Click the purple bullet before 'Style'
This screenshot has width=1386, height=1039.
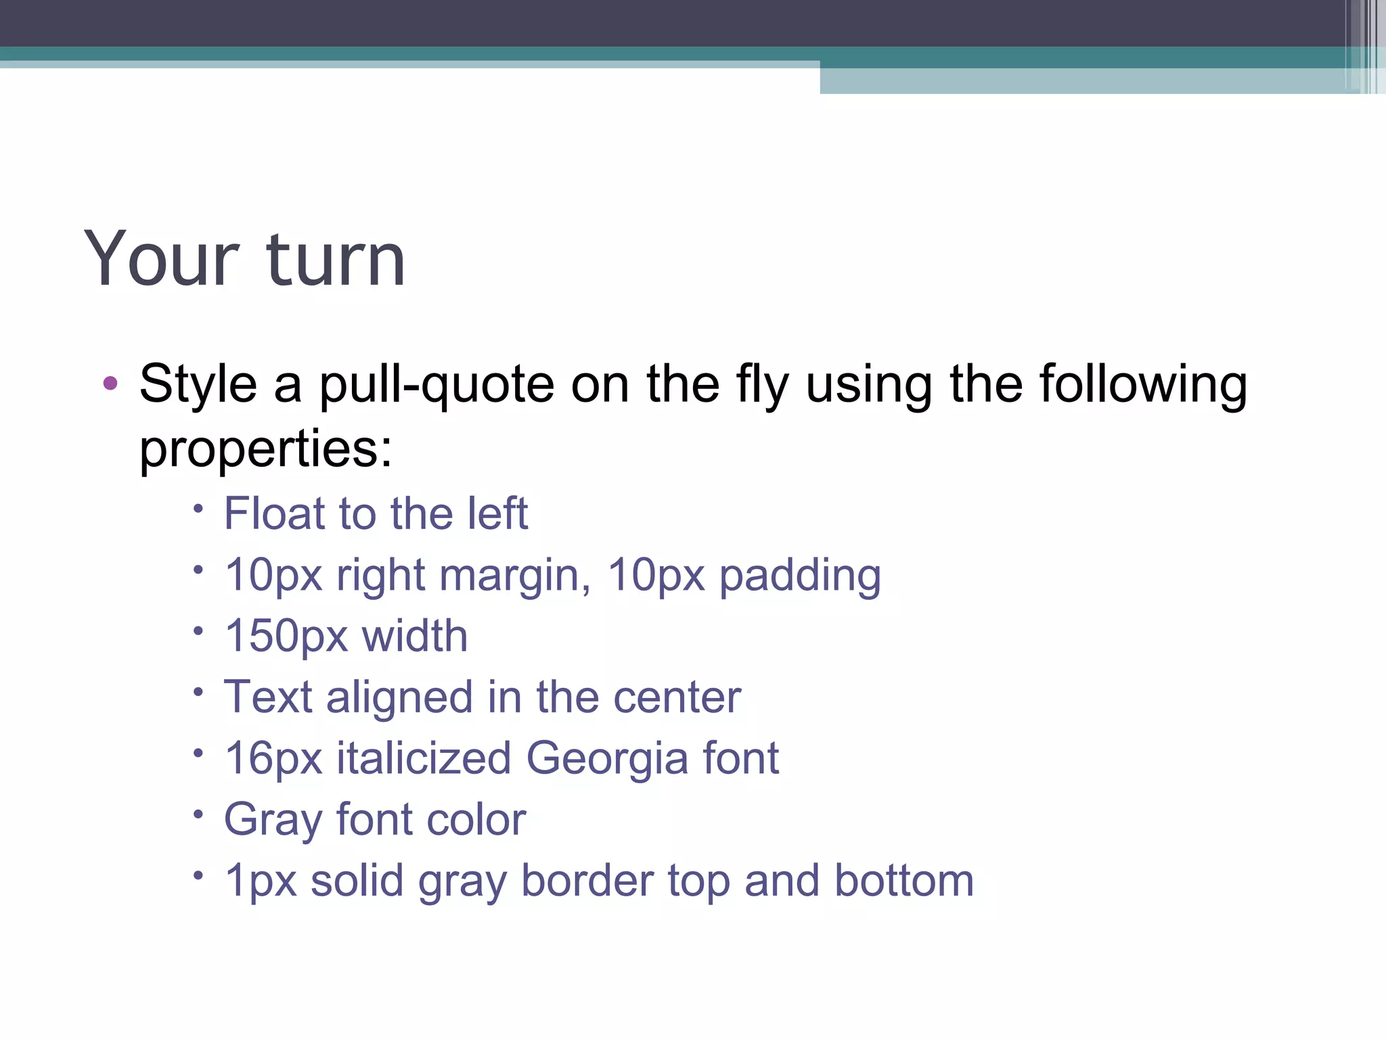pyautogui.click(x=110, y=384)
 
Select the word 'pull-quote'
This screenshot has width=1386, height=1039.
pyautogui.click(x=437, y=385)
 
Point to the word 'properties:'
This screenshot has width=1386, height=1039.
pyautogui.click(x=265, y=449)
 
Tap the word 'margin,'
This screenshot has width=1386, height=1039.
pyautogui.click(x=515, y=576)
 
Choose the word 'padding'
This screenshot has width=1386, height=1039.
pyautogui.click(x=799, y=576)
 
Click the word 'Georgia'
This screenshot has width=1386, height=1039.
pyautogui.click(x=607, y=758)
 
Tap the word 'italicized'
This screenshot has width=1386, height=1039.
pyautogui.click(x=424, y=758)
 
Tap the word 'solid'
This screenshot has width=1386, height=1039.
pyautogui.click(x=357, y=881)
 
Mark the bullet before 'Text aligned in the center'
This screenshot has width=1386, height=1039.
pyautogui.click(x=198, y=692)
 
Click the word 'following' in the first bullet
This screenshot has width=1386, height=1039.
pyautogui.click(x=1143, y=385)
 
